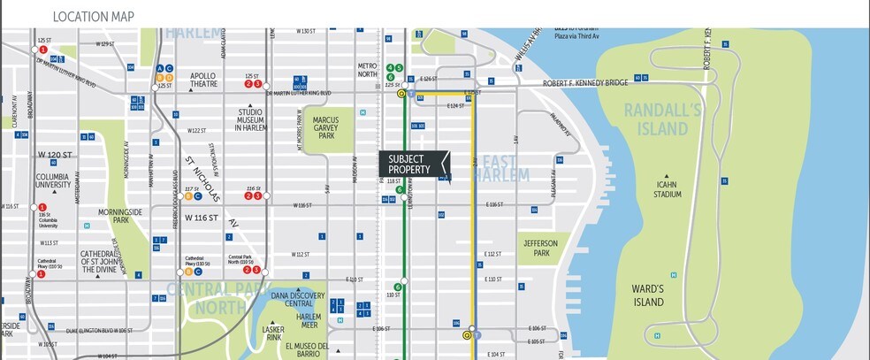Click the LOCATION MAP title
click(x=95, y=17)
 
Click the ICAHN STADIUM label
click(x=665, y=189)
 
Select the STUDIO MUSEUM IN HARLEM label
click(x=256, y=119)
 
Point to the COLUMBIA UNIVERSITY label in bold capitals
click(x=52, y=181)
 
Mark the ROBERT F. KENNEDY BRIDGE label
click(x=585, y=83)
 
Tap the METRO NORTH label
click(x=367, y=70)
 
